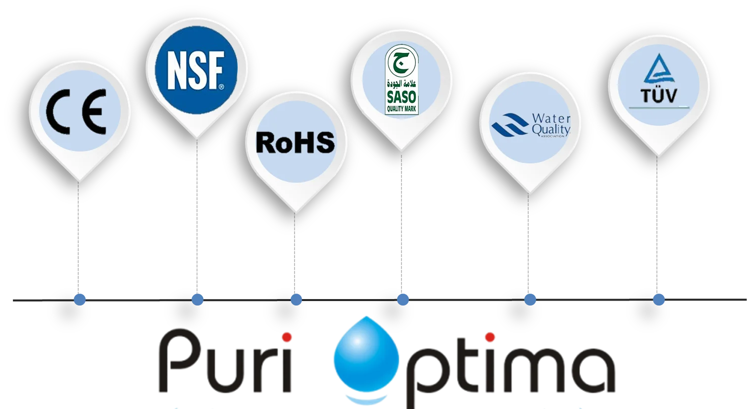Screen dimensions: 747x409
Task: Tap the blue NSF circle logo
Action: click(x=196, y=68)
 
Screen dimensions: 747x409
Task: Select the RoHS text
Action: click(x=296, y=142)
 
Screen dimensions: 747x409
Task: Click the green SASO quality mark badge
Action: click(x=401, y=80)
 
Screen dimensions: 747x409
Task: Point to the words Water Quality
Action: click(x=551, y=124)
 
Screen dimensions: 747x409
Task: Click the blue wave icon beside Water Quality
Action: click(x=509, y=124)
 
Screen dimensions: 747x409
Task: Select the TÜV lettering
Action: click(x=659, y=95)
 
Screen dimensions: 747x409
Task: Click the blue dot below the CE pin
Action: click(x=79, y=300)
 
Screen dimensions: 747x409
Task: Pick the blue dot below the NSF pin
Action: click(x=197, y=300)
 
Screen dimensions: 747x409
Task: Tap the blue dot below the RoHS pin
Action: click(x=296, y=300)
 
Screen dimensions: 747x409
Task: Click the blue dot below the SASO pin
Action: click(x=402, y=300)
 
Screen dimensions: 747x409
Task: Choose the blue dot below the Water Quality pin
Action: click(x=530, y=300)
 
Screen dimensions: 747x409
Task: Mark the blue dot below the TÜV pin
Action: click(x=658, y=300)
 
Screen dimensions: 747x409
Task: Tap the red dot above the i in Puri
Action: click(x=287, y=338)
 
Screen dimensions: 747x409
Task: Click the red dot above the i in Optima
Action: click(x=490, y=338)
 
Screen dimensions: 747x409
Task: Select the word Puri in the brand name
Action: click(x=225, y=364)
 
